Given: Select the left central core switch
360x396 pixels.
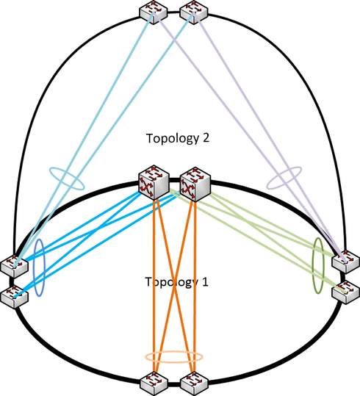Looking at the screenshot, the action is [x=154, y=182].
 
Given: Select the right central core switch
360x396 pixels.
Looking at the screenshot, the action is [x=195, y=184].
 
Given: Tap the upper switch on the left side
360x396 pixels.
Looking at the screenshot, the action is [x=15, y=266].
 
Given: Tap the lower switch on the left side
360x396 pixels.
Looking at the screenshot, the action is [x=15, y=297].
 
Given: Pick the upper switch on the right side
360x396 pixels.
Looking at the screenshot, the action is [x=346, y=261].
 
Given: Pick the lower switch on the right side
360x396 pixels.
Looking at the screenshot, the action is [x=346, y=292].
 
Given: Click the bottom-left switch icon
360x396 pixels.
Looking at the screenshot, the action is [x=154, y=384].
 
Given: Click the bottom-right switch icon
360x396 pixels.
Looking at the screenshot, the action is [x=194, y=384].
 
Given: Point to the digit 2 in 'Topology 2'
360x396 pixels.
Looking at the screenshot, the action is [x=206, y=137].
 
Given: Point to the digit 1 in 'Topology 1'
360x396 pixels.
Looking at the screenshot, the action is [x=205, y=281].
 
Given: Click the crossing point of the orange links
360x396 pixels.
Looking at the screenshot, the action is [x=174, y=286].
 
